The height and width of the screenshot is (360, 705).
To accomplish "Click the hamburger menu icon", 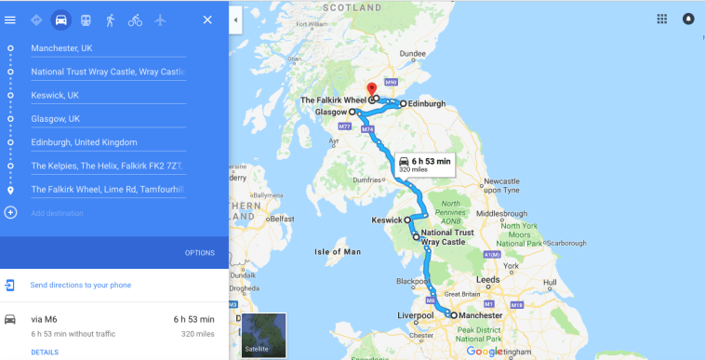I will (x=10, y=20).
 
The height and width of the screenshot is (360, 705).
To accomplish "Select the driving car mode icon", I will (x=61, y=20).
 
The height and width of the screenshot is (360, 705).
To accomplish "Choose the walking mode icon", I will (x=111, y=20).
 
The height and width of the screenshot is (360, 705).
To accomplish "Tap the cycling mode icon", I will (x=136, y=20).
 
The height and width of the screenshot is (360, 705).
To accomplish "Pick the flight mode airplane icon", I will (x=161, y=20).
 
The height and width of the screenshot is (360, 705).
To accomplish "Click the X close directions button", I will (x=207, y=20).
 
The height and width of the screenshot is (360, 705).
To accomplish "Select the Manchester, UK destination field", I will (x=107, y=47).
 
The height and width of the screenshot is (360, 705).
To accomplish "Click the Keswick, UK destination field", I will (x=107, y=95).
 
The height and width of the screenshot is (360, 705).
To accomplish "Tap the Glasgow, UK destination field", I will (x=107, y=118).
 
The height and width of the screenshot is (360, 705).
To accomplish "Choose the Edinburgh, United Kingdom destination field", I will (x=107, y=142).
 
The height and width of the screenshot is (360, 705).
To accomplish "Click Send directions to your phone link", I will (x=80, y=285).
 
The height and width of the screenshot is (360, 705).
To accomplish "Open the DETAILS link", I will (x=45, y=352).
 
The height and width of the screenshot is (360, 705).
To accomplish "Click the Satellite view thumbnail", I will (x=263, y=336).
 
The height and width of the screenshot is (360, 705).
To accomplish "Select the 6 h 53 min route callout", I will (x=424, y=164).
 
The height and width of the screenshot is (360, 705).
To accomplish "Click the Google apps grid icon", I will (x=662, y=19).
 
